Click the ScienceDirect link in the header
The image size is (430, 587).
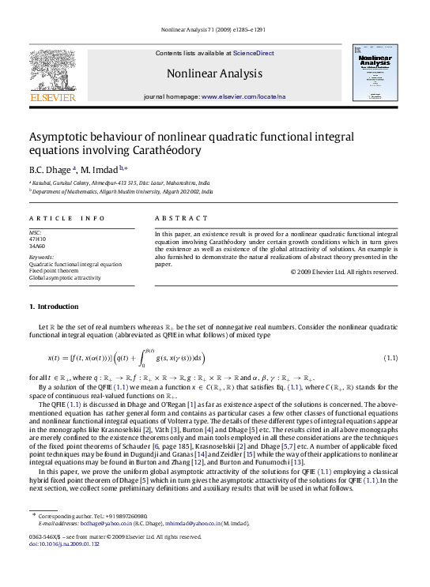[x=253, y=53]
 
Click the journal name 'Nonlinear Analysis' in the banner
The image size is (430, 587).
[x=214, y=74]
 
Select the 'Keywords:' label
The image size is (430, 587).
[x=41, y=257]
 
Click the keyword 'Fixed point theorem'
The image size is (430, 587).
[x=55, y=271]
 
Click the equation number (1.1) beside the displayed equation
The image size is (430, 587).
[x=390, y=336]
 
